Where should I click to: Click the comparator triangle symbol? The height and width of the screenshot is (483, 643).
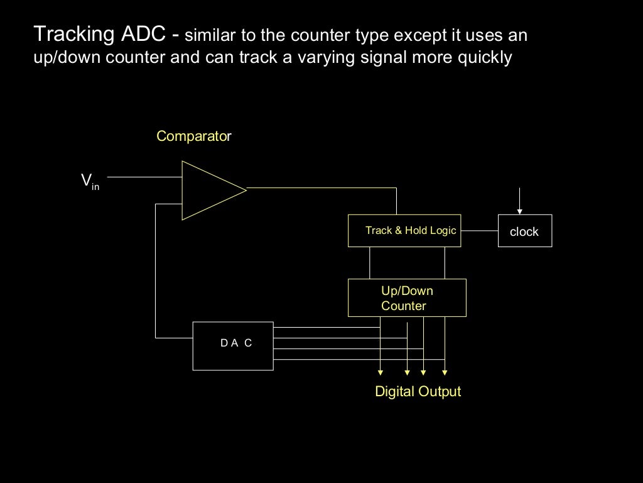(207, 190)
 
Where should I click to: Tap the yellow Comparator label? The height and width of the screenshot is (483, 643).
(194, 136)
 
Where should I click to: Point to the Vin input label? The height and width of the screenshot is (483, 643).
(90, 181)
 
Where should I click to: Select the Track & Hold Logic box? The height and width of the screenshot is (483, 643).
(404, 231)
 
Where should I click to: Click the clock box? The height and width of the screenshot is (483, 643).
(524, 231)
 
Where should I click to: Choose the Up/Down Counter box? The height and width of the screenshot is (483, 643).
(407, 297)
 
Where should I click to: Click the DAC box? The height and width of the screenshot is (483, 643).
(233, 346)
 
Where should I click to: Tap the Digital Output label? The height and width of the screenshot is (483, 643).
(418, 391)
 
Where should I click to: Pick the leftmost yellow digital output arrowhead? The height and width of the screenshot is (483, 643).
(381, 372)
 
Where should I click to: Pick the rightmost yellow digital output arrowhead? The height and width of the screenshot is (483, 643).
(445, 372)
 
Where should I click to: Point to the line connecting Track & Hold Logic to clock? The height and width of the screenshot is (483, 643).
(479, 231)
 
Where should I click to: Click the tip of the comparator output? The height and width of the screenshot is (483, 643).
(246, 188)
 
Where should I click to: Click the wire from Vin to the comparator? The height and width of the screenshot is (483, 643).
(144, 177)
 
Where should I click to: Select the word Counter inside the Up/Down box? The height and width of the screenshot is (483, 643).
(404, 306)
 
